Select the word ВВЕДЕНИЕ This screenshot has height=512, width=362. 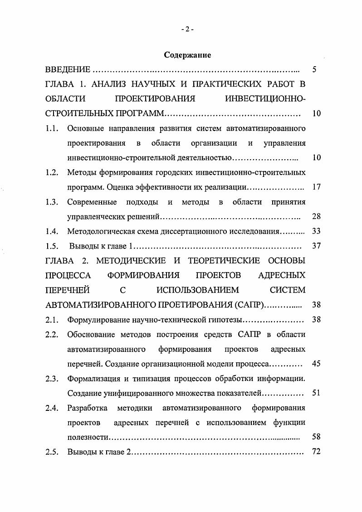[x=68, y=70]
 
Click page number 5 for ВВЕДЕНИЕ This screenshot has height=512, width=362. [x=315, y=70]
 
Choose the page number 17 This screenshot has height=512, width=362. [x=317, y=187]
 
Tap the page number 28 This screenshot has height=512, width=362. [x=317, y=216]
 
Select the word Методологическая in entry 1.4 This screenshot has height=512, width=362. [x=99, y=231]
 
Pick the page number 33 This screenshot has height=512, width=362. [x=317, y=231]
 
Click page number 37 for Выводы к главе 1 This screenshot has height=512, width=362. [x=317, y=246]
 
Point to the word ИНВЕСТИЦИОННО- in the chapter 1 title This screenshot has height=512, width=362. [x=265, y=99]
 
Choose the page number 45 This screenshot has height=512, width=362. [x=317, y=363]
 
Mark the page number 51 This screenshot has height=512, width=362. [x=317, y=393]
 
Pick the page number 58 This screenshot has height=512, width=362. [x=317, y=437]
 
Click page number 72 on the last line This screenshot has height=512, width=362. [x=317, y=452]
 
